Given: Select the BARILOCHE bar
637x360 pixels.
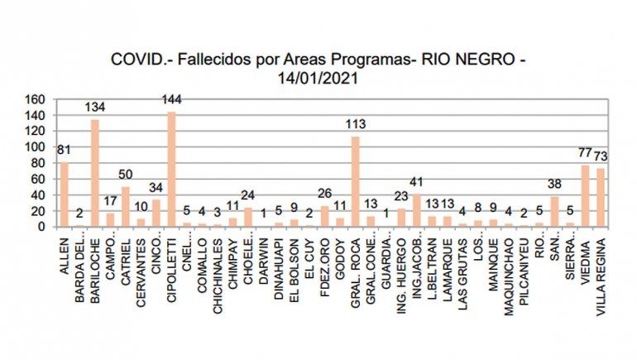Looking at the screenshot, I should pyautogui.click(x=95, y=173).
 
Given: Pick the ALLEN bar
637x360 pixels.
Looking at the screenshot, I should pyautogui.click(x=64, y=194).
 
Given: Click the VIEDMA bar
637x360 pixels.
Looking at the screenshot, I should pyautogui.click(x=586, y=195).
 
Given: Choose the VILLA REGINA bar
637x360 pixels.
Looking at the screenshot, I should pyautogui.click(x=601, y=197).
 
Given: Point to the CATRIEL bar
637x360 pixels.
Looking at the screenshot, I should pyautogui.click(x=126, y=206).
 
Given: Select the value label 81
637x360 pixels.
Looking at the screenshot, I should pyautogui.click(x=64, y=151).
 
